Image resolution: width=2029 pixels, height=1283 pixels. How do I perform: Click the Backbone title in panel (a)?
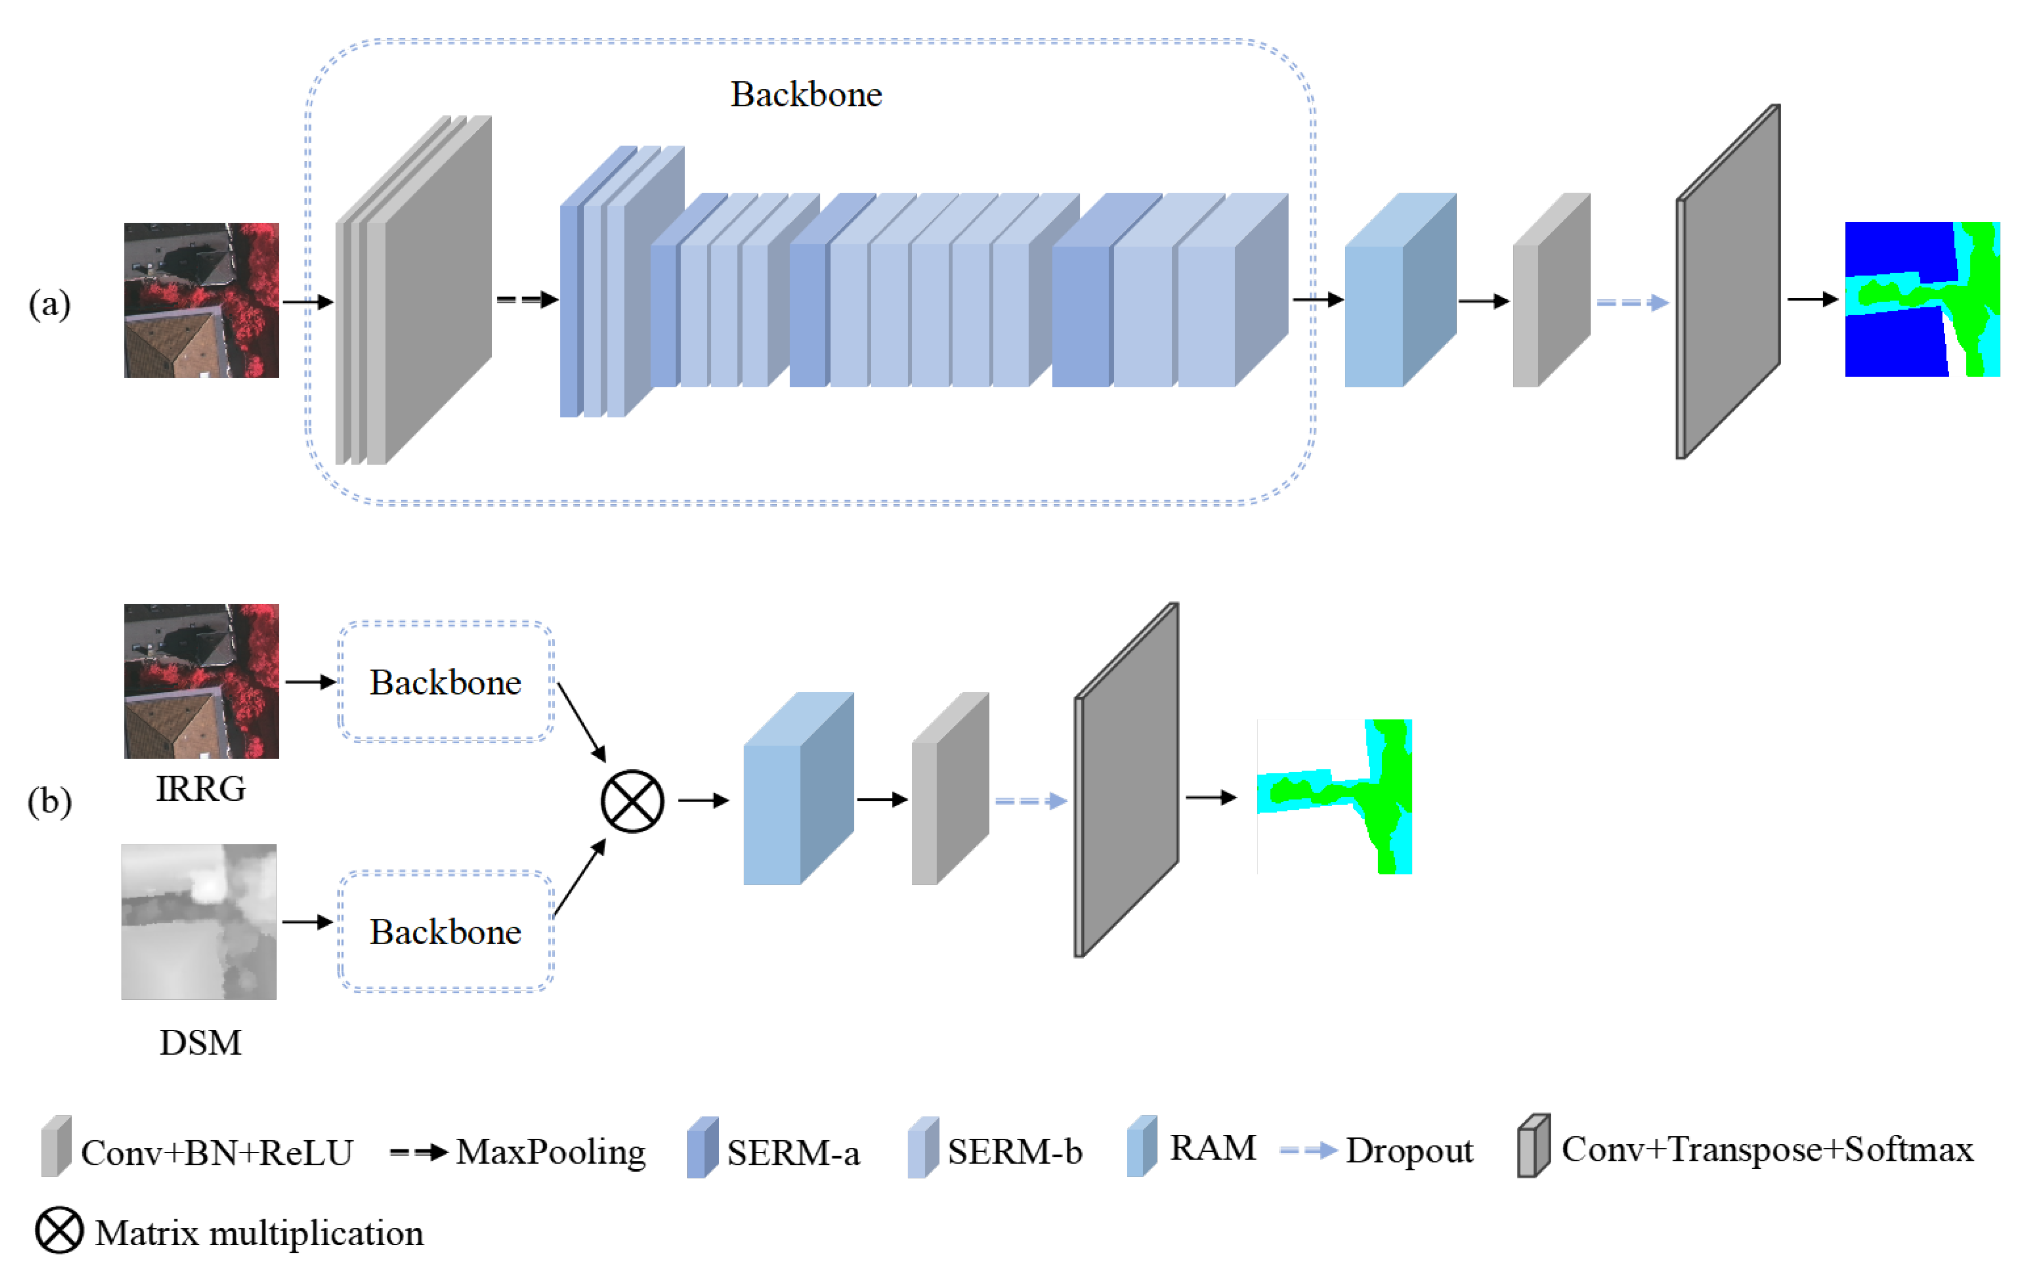point(805,94)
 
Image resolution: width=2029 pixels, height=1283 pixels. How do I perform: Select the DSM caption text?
point(200,1043)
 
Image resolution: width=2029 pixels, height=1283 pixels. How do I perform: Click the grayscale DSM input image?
point(199,921)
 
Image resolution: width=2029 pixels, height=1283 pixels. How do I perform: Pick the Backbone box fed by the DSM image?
point(446,932)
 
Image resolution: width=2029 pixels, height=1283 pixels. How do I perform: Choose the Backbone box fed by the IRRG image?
point(446,682)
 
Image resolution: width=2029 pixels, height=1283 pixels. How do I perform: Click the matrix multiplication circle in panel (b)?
point(632,801)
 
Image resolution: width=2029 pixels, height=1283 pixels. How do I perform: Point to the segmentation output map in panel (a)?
point(1922,299)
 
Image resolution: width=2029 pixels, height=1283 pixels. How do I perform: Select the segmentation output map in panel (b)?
point(1334,796)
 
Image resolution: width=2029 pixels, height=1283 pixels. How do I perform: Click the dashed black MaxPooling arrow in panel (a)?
point(527,299)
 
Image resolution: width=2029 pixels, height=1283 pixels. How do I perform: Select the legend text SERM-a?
point(793,1152)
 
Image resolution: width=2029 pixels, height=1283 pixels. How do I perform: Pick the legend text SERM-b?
point(1014,1151)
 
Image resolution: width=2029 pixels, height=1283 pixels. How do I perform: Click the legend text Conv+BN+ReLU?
point(216,1152)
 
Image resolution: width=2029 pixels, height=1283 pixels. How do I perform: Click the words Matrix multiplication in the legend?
point(258,1233)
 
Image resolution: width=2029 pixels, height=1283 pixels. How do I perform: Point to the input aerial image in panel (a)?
point(201,300)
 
